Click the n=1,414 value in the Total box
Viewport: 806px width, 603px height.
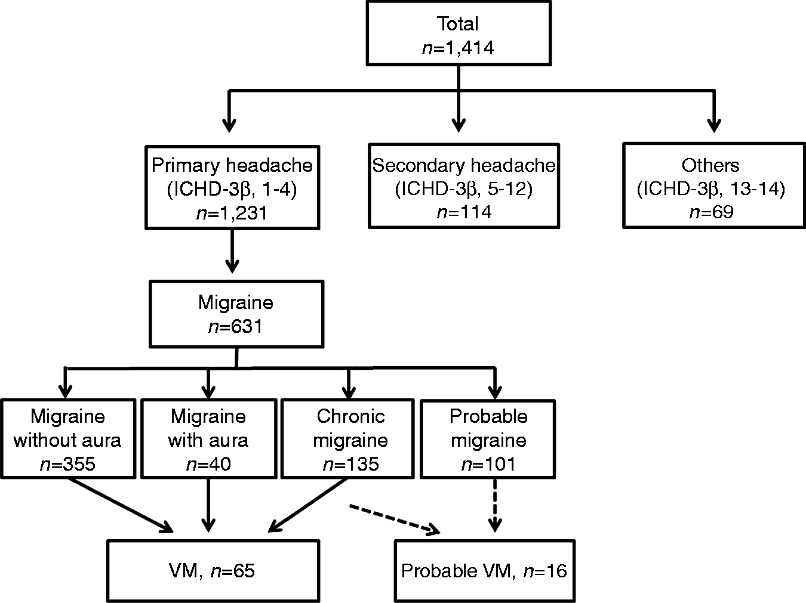point(459,48)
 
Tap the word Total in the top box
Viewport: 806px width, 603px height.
point(457,24)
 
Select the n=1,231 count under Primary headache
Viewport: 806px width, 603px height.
point(232,213)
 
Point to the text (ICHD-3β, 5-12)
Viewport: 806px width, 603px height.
point(463,189)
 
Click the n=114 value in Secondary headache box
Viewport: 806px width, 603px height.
point(464,212)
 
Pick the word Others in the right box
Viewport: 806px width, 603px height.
point(710,165)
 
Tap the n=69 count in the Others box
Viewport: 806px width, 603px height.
point(712,212)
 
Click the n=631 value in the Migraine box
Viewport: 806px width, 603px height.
point(235,326)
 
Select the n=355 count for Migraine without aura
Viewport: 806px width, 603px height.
point(67,464)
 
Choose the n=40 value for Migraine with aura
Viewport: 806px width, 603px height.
point(208,464)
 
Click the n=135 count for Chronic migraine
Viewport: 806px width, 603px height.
point(350,464)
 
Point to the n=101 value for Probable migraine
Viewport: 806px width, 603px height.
point(488,464)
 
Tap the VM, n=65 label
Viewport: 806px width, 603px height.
point(212,571)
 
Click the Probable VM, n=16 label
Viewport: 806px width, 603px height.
point(484,571)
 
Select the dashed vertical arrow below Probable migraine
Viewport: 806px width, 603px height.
point(495,505)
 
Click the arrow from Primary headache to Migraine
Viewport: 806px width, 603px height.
point(232,251)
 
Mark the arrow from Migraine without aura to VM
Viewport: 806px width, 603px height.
point(121,505)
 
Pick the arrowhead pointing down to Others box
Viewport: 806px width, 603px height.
point(714,125)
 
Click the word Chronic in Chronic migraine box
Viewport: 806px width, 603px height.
point(350,417)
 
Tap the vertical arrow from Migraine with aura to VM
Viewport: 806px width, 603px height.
point(208,505)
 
